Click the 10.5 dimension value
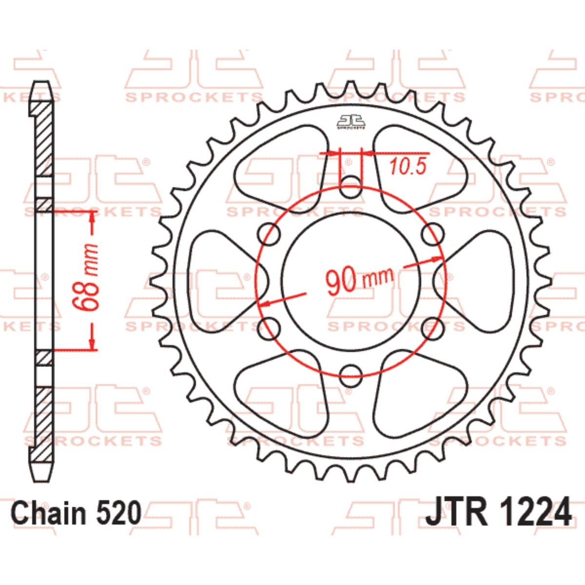(408, 166)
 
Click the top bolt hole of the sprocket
(350, 187)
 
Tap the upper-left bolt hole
(269, 234)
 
